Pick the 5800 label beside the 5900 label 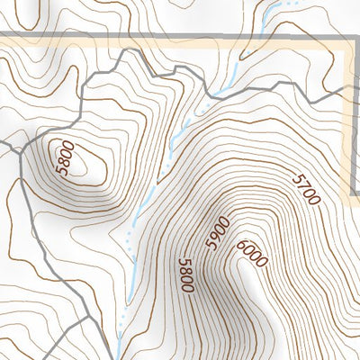(x=186, y=274)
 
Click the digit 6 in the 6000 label (x=243, y=245)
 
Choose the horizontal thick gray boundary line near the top (x=135, y=37)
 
